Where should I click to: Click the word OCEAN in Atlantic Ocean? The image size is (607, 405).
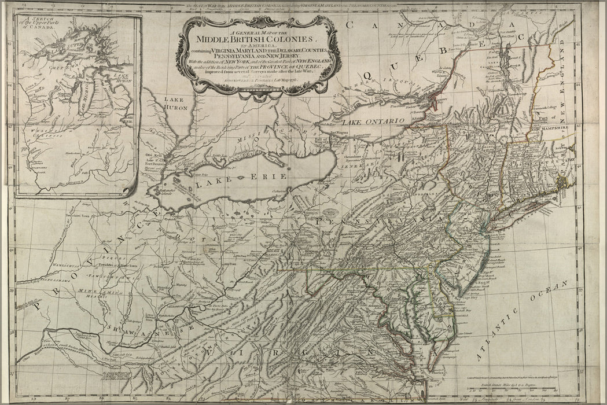pyautogui.click(x=553, y=289)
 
